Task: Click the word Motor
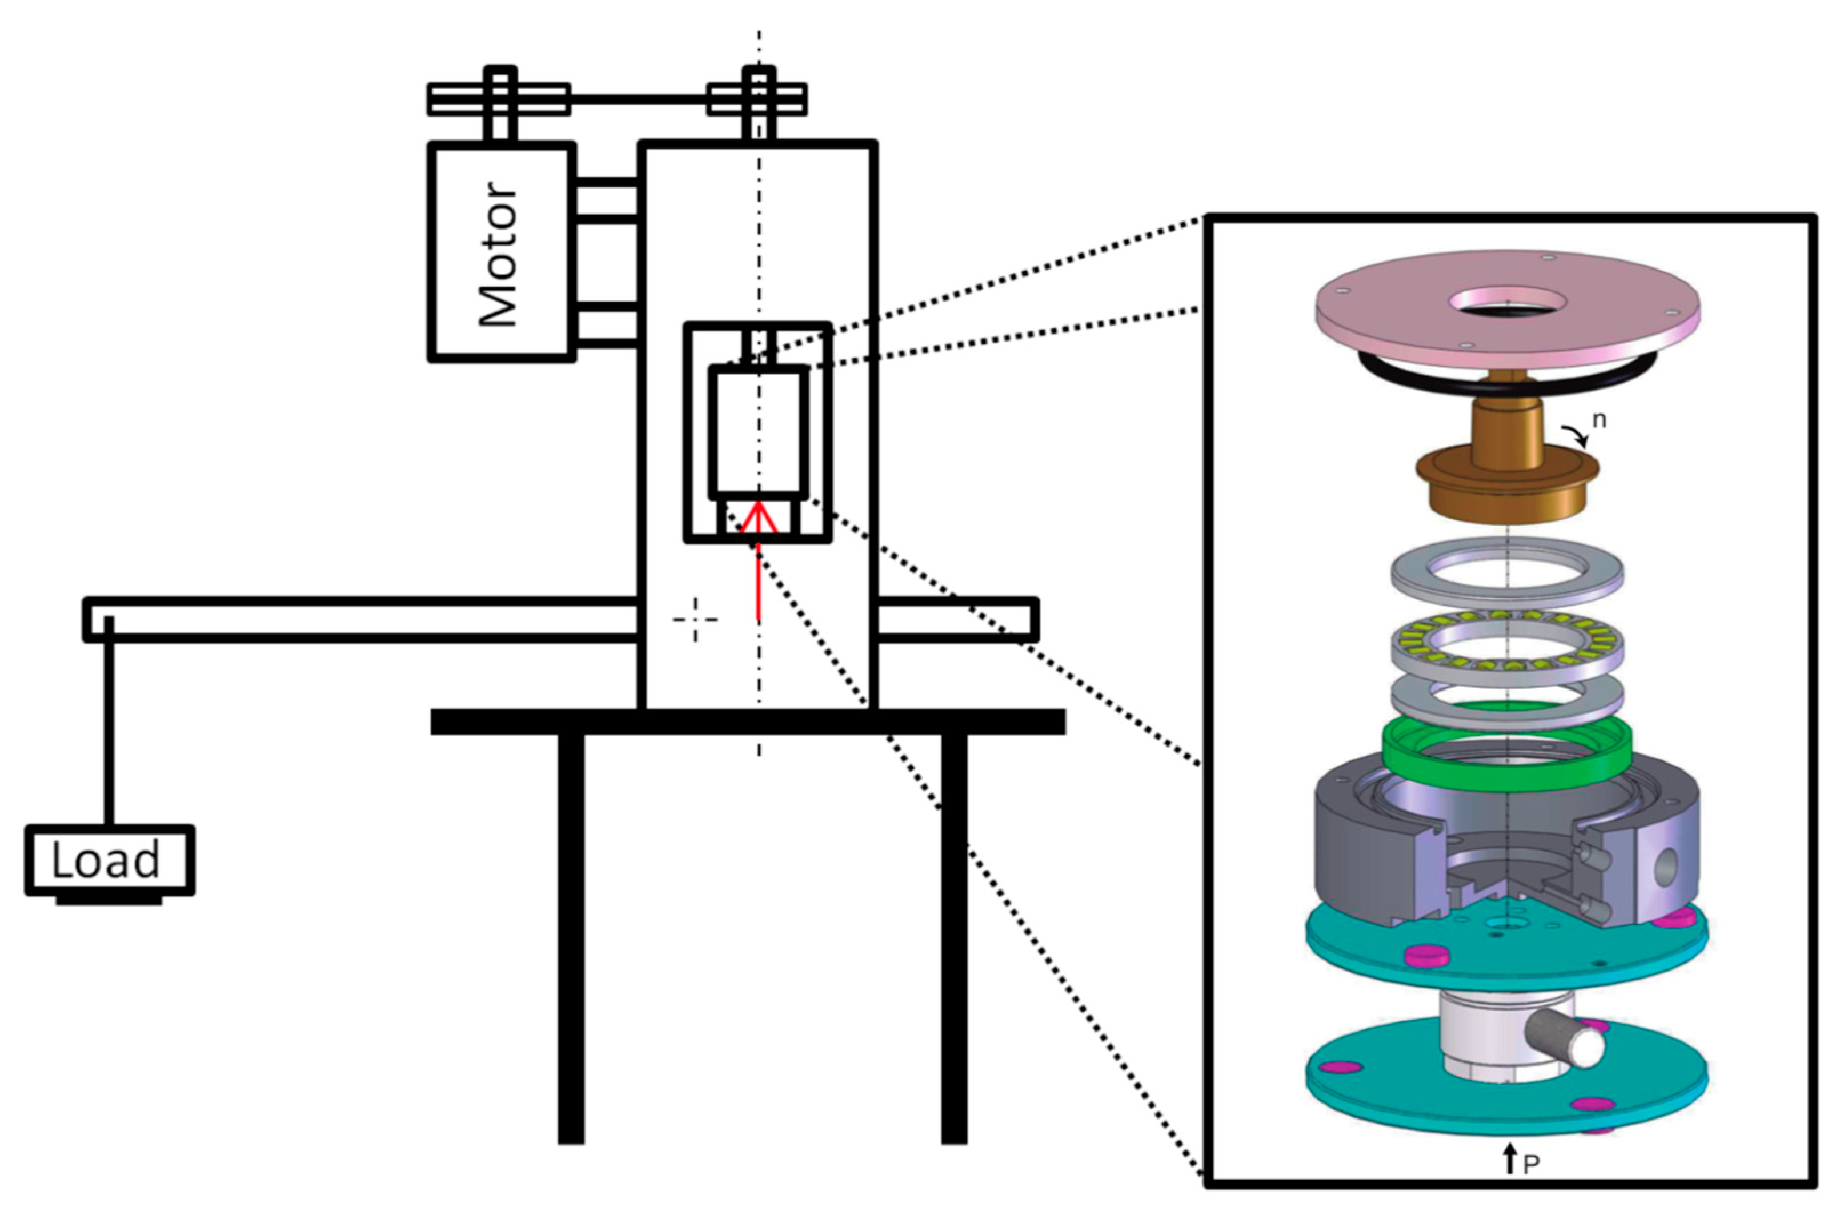(x=498, y=254)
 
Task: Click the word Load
(x=106, y=860)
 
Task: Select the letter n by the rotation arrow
(x=1599, y=420)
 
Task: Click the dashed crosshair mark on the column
(x=695, y=620)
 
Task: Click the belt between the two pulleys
(x=638, y=99)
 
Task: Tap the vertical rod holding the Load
(x=109, y=723)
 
